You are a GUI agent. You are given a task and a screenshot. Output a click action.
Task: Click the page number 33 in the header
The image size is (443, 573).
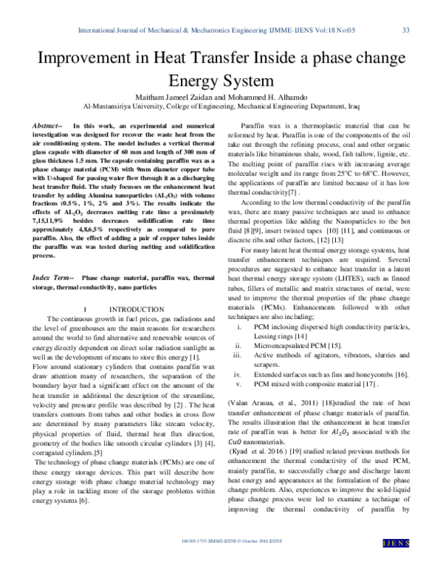pyautogui.click(x=405, y=30)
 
